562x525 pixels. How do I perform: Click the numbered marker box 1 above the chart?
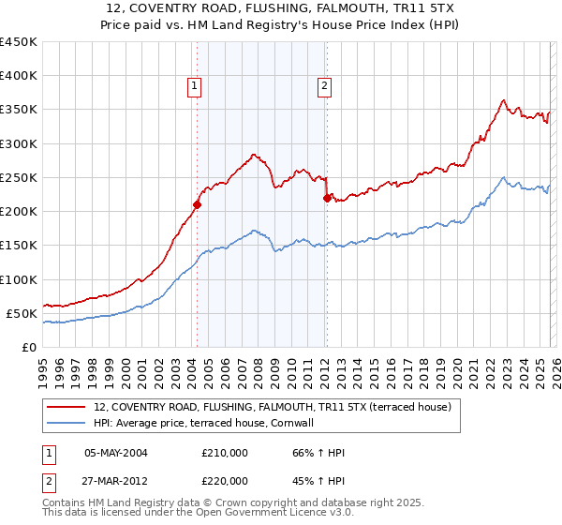coord(195,86)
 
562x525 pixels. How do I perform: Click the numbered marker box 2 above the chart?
coord(325,86)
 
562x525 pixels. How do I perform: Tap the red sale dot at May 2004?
coord(197,204)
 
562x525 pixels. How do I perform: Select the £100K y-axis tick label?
coord(19,279)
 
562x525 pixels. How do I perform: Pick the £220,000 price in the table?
coord(226,480)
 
